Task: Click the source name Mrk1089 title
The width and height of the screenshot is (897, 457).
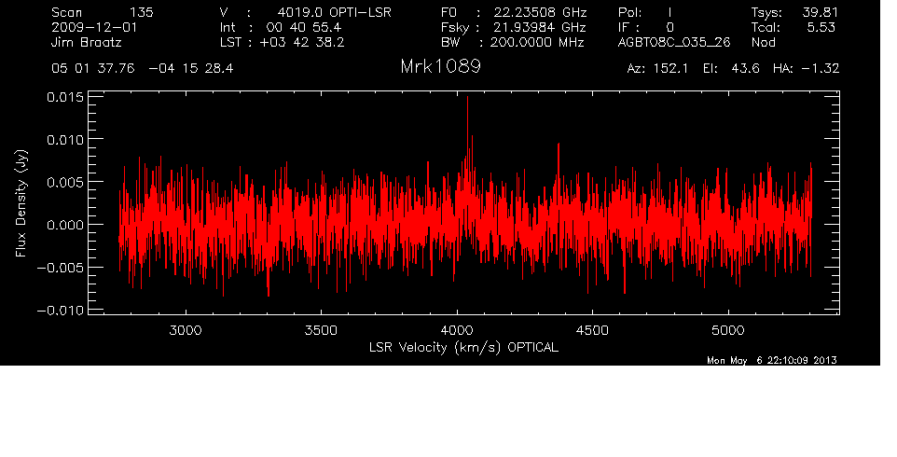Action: pyautogui.click(x=440, y=67)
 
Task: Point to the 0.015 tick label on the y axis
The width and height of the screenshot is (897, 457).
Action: pyautogui.click(x=65, y=97)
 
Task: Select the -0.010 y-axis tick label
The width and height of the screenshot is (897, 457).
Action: pyautogui.click(x=61, y=311)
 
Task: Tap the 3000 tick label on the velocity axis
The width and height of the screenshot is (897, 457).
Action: pyautogui.click(x=186, y=330)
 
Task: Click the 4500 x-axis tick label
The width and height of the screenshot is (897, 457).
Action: pyautogui.click(x=592, y=330)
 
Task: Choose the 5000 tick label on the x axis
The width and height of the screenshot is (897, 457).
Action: pyautogui.click(x=727, y=330)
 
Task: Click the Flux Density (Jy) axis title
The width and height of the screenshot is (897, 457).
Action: pyautogui.click(x=21, y=203)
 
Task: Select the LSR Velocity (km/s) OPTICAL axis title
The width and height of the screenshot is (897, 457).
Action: pyautogui.click(x=463, y=348)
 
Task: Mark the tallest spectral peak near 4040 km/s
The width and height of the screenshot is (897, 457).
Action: pyautogui.click(x=467, y=97)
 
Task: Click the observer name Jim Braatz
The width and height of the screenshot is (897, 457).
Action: pyautogui.click(x=87, y=42)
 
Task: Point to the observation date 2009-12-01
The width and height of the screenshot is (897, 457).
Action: pyautogui.click(x=94, y=27)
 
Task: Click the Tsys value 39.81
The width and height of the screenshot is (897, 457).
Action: pyautogui.click(x=820, y=12)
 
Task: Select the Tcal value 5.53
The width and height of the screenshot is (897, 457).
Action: pyautogui.click(x=821, y=27)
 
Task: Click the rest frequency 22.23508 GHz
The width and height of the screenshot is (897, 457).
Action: pyautogui.click(x=540, y=12)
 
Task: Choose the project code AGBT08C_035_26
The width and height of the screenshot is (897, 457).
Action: pyautogui.click(x=674, y=42)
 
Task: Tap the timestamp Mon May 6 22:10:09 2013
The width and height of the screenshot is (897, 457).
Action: pyautogui.click(x=772, y=360)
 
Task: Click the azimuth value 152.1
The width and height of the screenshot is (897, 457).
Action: pyautogui.click(x=676, y=69)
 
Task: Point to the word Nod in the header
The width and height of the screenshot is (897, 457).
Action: pyautogui.click(x=763, y=42)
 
